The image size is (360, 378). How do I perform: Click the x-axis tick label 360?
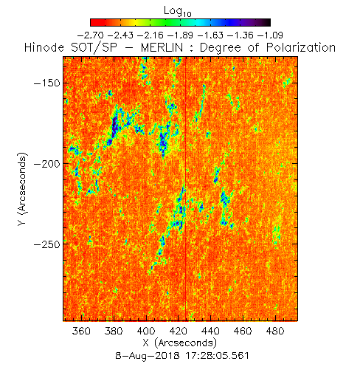[x=81, y=331]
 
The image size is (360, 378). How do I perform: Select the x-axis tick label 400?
[x=146, y=331]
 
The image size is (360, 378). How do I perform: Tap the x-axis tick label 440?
[x=210, y=331]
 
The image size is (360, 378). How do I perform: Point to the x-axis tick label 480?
[x=275, y=331]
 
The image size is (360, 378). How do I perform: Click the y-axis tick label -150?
[x=46, y=83]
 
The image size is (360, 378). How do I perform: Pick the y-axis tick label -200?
[x=46, y=164]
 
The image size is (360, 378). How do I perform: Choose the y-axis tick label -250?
[x=46, y=244]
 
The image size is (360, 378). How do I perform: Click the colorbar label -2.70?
[x=90, y=35]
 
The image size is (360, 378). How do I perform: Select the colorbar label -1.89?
[x=180, y=35]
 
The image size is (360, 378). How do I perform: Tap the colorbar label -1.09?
[x=270, y=35]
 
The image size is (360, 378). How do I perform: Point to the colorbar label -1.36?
[x=240, y=35]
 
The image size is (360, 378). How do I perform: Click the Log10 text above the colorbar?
[x=177, y=11]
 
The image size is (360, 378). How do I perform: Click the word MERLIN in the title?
[x=162, y=47]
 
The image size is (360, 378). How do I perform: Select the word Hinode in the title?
[x=44, y=47]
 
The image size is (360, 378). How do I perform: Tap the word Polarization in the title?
[x=301, y=47]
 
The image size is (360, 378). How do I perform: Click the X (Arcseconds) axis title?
[x=179, y=343]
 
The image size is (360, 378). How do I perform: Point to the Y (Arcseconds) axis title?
[x=22, y=189]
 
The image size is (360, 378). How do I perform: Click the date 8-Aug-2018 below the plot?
[x=148, y=356]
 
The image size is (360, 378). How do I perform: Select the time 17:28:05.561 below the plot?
[x=217, y=356]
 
